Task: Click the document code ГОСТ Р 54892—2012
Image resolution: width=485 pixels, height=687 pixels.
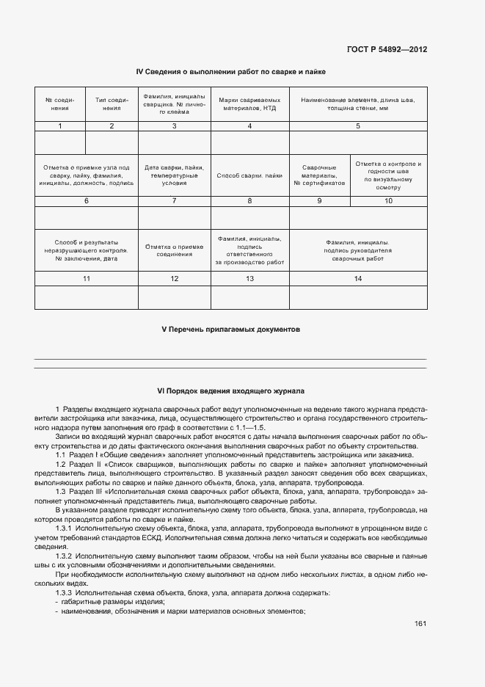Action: [387, 50]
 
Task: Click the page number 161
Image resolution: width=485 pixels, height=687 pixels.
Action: [420, 624]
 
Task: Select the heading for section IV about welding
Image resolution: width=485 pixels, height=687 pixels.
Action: [230, 72]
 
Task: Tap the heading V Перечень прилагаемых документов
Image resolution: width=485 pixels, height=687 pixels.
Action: [230, 330]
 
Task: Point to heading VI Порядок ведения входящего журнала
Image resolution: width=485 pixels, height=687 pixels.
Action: [230, 391]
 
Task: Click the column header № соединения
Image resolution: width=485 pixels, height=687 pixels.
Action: [60, 103]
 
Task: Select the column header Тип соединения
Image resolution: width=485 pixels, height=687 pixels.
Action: [112, 103]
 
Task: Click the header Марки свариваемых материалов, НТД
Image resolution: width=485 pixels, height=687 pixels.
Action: [249, 103]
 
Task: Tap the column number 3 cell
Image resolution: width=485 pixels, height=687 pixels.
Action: [174, 126]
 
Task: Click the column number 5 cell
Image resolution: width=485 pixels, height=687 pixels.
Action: [358, 126]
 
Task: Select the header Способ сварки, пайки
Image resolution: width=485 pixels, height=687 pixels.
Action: [249, 176]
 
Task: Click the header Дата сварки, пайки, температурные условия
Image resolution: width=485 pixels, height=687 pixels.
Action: [174, 176]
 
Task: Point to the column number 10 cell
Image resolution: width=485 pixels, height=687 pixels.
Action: [389, 200]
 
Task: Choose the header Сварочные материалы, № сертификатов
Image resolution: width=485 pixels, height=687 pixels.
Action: [319, 176]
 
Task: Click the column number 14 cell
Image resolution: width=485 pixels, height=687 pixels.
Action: [358, 278]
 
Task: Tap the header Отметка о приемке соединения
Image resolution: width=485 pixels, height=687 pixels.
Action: [174, 250]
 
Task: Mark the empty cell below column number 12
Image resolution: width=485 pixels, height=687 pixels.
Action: [174, 297]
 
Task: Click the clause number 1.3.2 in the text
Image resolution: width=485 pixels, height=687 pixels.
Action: [67, 555]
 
